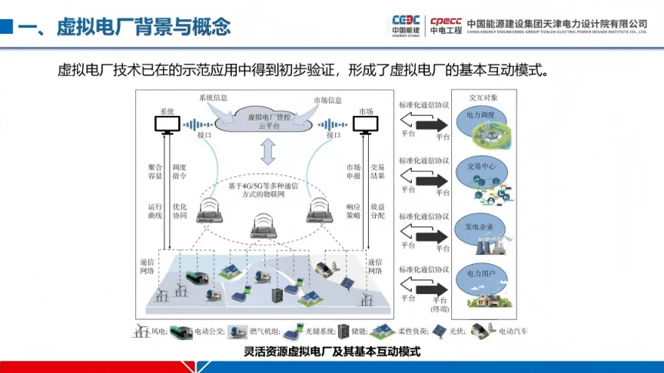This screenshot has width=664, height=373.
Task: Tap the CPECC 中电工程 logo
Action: pyautogui.click(x=445, y=25)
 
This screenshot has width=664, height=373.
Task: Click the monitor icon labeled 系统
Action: pyautogui.click(x=167, y=125)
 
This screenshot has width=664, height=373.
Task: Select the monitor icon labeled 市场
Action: pyautogui.click(x=364, y=125)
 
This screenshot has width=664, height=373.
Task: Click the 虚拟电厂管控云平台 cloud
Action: pyautogui.click(x=267, y=119)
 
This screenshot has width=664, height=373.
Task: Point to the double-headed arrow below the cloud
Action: pyautogui.click(x=267, y=153)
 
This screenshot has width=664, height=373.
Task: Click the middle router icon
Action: pyautogui.click(x=264, y=227)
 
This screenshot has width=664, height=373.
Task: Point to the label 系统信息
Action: pyautogui.click(x=214, y=99)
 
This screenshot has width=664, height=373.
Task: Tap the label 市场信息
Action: pyautogui.click(x=327, y=101)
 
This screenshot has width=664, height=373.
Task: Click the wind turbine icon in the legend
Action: pyautogui.click(x=141, y=332)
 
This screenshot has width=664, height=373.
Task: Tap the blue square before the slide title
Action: pyautogui.click(x=6, y=26)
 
